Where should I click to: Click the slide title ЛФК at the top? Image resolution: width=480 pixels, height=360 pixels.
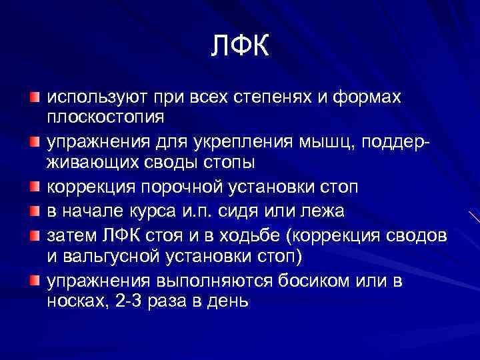[240, 47]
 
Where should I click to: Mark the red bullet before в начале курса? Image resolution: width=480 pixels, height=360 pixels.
[34, 211]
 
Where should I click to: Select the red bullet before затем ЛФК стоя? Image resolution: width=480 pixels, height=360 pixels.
[34, 235]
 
